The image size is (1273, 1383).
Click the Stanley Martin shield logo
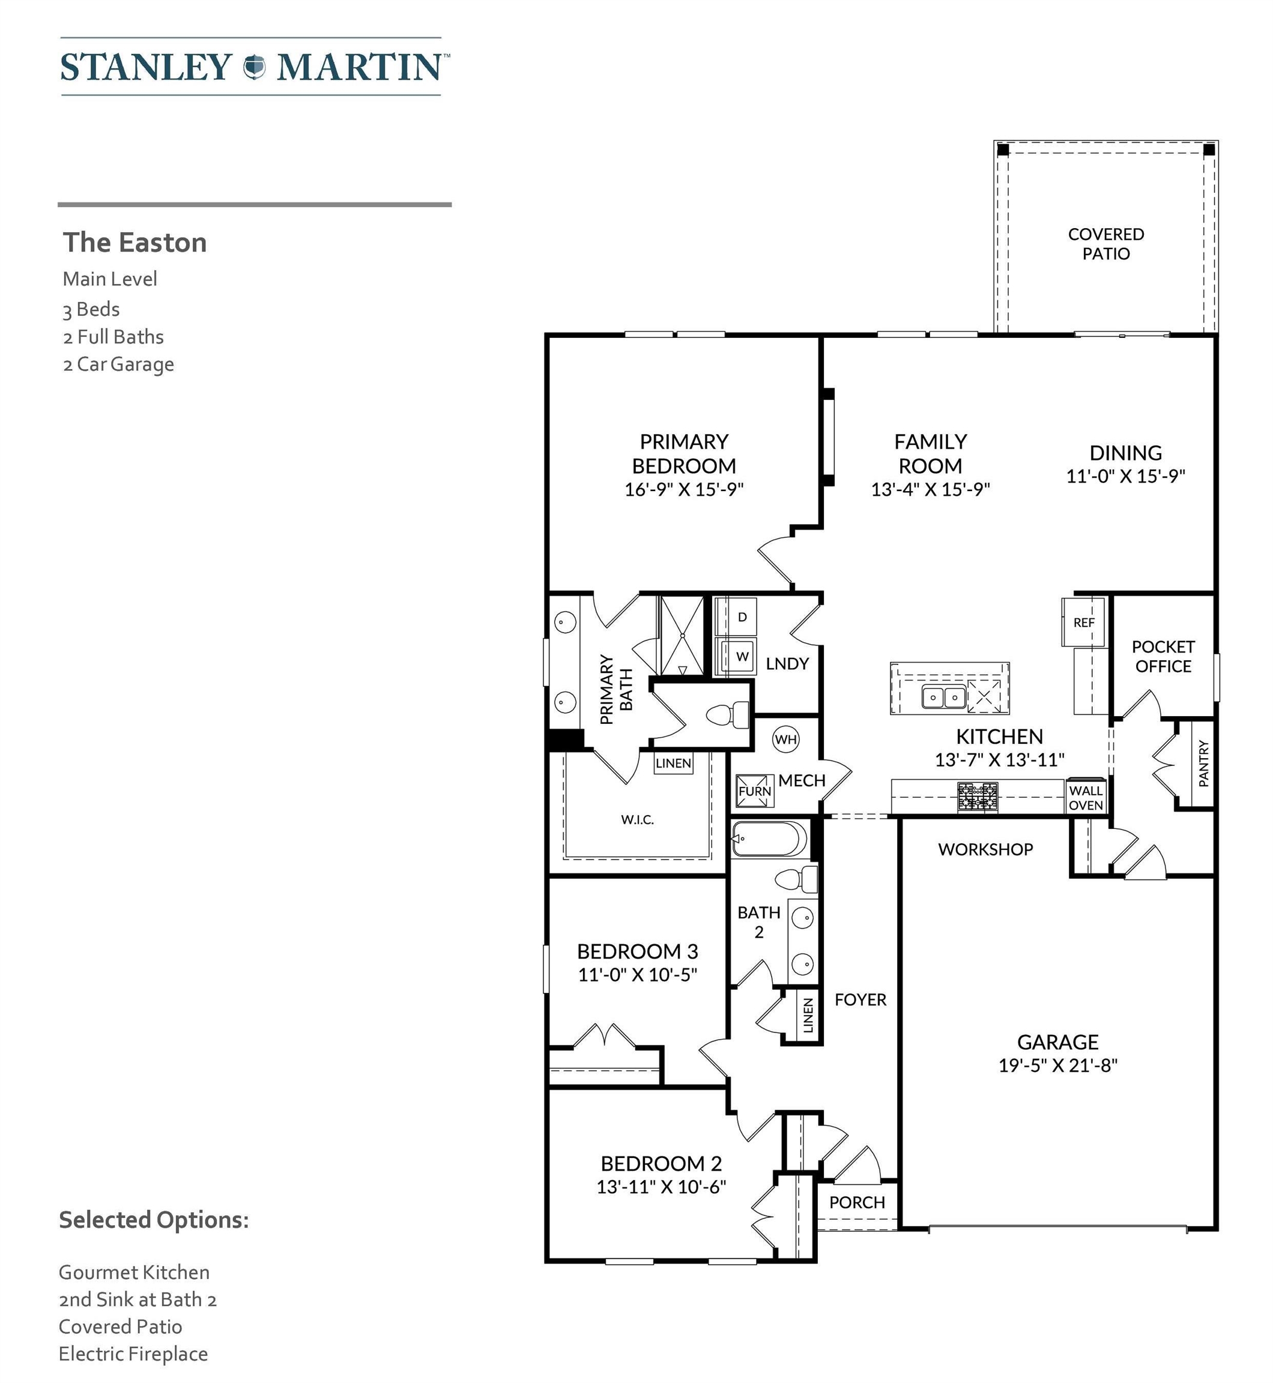[254, 67]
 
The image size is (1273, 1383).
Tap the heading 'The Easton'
[135, 243]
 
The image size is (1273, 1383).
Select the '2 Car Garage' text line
[118, 364]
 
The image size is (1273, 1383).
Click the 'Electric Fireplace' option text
[133, 1354]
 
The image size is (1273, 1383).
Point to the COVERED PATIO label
[1105, 244]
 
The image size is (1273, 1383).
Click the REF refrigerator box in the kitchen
[1084, 622]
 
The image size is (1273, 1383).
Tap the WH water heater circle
[786, 740]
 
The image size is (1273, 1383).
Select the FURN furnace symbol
[755, 791]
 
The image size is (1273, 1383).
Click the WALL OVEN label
[1086, 798]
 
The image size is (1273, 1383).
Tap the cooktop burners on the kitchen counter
[978, 797]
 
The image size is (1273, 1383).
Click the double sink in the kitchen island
[944, 697]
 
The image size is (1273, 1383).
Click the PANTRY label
[1203, 763]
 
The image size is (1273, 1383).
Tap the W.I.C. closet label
[637, 819]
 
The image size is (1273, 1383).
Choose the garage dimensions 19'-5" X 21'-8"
[1058, 1065]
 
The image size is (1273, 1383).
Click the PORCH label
[857, 1202]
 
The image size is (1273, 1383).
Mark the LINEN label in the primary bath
[673, 763]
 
